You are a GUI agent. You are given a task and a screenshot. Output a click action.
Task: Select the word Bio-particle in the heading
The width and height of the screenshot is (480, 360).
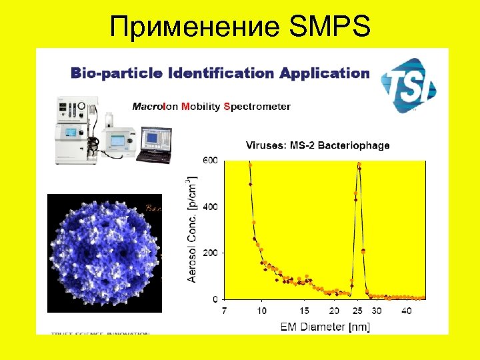click(x=106, y=73)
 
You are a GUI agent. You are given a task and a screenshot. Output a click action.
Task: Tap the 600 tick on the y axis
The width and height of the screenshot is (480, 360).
click(x=210, y=161)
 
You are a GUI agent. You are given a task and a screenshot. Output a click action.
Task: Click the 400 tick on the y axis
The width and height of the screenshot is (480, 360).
click(x=210, y=207)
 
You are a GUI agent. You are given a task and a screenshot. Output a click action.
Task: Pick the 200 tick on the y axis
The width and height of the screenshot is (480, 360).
click(x=210, y=253)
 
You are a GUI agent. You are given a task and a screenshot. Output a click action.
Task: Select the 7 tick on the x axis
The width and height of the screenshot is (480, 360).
click(x=224, y=311)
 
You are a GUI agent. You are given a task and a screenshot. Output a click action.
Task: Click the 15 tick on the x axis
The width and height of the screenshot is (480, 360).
click(x=305, y=311)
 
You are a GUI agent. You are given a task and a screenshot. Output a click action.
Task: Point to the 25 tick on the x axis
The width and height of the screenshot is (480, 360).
click(x=359, y=311)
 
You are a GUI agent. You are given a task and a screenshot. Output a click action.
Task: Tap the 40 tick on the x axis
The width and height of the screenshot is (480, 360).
click(x=407, y=311)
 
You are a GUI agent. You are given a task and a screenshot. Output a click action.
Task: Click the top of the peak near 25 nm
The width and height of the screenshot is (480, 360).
click(x=359, y=164)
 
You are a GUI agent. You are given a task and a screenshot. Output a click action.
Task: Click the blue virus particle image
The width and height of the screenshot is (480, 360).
click(x=105, y=253)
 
